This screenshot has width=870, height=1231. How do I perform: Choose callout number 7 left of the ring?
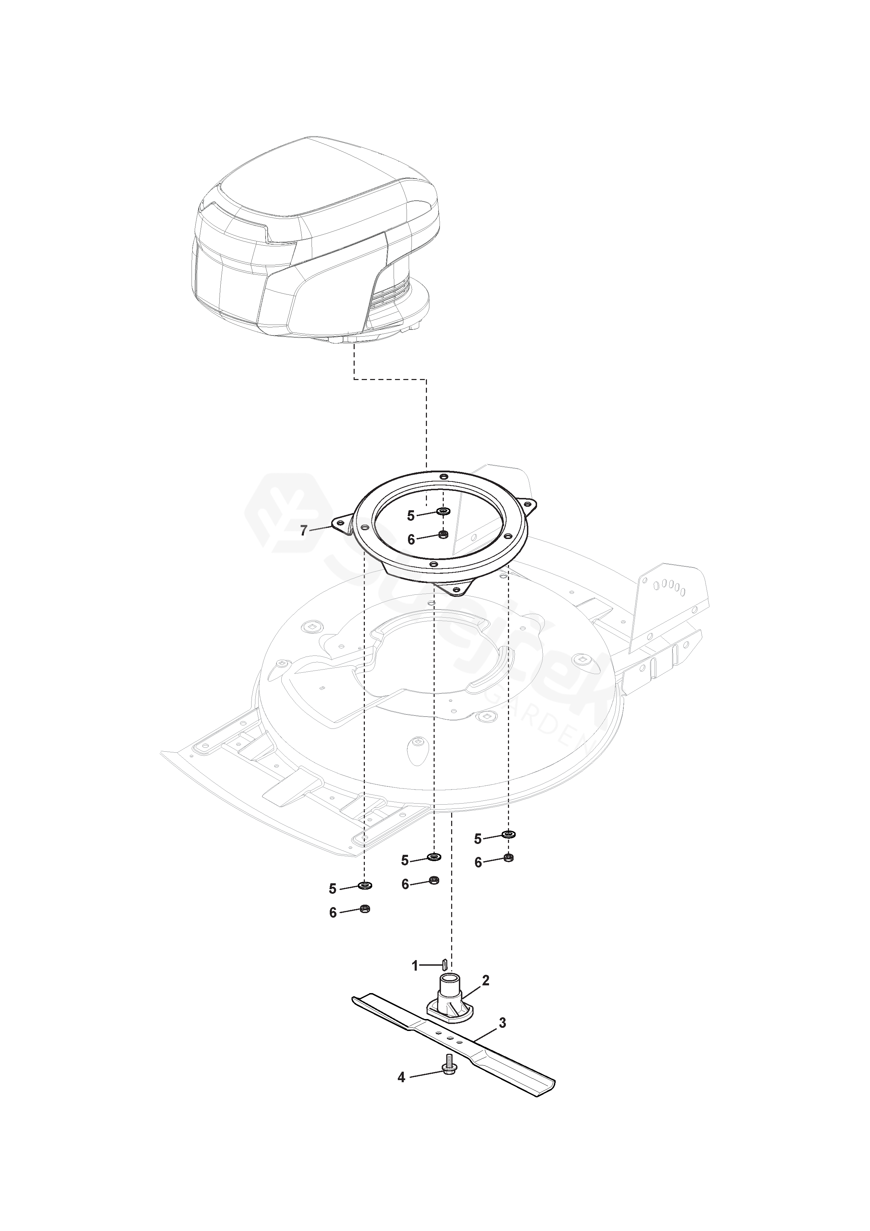(303, 531)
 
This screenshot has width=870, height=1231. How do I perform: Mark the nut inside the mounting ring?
(443, 534)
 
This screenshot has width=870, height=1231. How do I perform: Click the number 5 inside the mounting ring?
(410, 516)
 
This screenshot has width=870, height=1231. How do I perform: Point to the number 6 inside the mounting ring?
(411, 539)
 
